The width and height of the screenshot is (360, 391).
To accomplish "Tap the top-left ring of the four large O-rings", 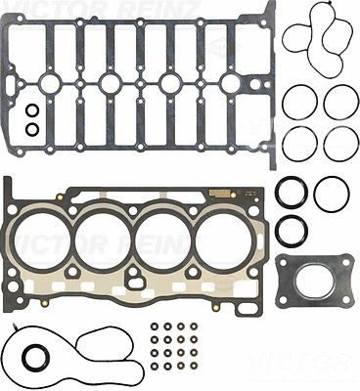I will [299, 101].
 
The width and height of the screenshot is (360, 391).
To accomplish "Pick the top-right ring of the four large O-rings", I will [339, 101].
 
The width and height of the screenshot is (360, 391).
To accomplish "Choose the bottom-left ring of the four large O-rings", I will [299, 143].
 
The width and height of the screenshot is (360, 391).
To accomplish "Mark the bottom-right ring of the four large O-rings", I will [339, 143].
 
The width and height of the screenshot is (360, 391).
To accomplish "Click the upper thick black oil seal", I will [289, 194].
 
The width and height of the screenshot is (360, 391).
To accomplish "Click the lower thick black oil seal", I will [291, 232].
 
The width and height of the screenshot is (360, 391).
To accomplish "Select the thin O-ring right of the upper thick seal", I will [332, 195].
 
